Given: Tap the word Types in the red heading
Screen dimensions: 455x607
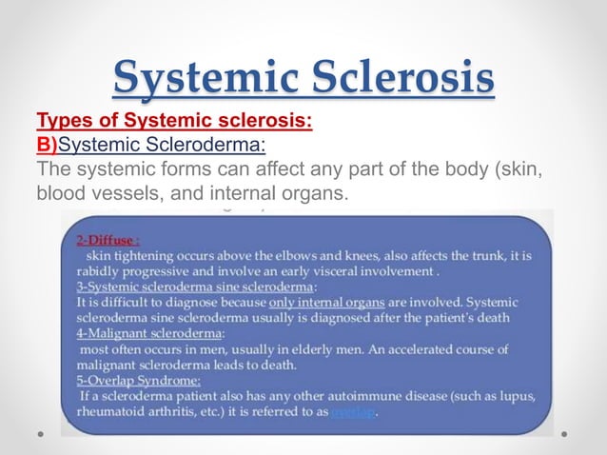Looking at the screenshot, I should click(x=62, y=123).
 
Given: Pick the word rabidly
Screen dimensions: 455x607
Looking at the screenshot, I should click(x=98, y=272).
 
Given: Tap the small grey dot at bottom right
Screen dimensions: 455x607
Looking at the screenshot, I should click(x=564, y=433).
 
